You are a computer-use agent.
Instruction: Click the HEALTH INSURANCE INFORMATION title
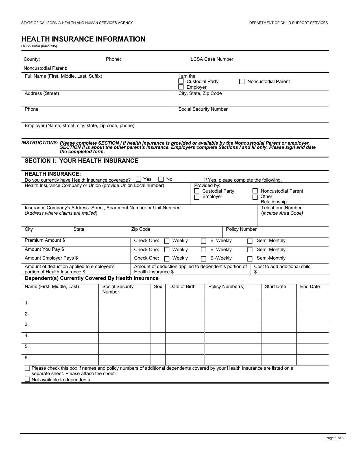tap(83, 39)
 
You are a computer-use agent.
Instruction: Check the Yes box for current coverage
tap(138, 179)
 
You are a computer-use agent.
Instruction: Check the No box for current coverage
tap(161, 179)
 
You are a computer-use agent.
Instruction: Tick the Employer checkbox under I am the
tap(181, 87)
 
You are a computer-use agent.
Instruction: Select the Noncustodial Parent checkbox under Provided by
tap(255, 191)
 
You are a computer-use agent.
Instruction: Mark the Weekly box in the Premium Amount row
tap(167, 241)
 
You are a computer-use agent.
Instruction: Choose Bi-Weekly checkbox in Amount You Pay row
tap(203, 250)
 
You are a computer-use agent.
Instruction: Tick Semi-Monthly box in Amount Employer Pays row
tap(250, 259)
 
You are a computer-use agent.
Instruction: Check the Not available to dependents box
tap(27, 379)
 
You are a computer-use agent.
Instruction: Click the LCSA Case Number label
tap(212, 59)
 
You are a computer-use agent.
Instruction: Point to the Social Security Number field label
tap(203, 109)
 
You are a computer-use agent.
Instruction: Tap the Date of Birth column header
tap(182, 287)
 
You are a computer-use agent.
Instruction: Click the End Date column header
tap(310, 287)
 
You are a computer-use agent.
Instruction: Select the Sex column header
tap(158, 287)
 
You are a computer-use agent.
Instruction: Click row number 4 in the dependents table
tap(27, 336)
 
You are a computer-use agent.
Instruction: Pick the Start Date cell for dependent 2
tap(279, 316)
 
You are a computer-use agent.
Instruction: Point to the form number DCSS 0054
tap(39, 46)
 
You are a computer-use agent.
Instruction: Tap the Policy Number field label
tap(241, 229)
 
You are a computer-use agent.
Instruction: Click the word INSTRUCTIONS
tap(40, 143)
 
